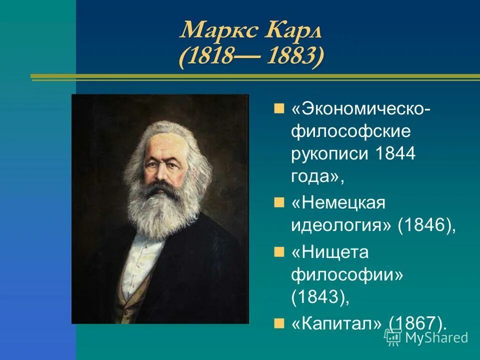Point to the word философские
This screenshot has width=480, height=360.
[351, 131]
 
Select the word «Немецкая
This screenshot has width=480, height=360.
[338, 203]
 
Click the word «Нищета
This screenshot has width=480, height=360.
[329, 252]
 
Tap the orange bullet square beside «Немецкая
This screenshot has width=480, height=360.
[279, 201]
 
